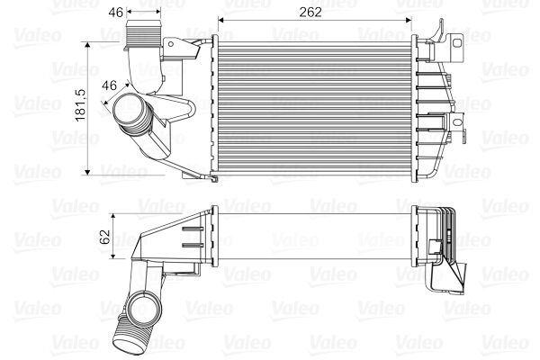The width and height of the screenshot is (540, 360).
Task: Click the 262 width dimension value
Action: click(x=310, y=13)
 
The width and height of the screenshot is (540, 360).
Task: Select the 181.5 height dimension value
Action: click(x=79, y=107)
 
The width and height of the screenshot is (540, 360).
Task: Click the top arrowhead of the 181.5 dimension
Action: click(x=87, y=43)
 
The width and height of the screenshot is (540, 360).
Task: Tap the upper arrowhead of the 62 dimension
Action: click(x=112, y=216)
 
